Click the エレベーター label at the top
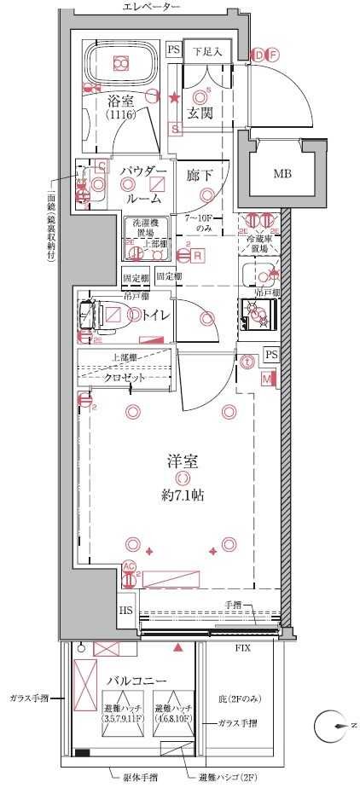152,8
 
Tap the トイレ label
155,316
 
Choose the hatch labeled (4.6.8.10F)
174,713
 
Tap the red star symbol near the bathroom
174,98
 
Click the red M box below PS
267,379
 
